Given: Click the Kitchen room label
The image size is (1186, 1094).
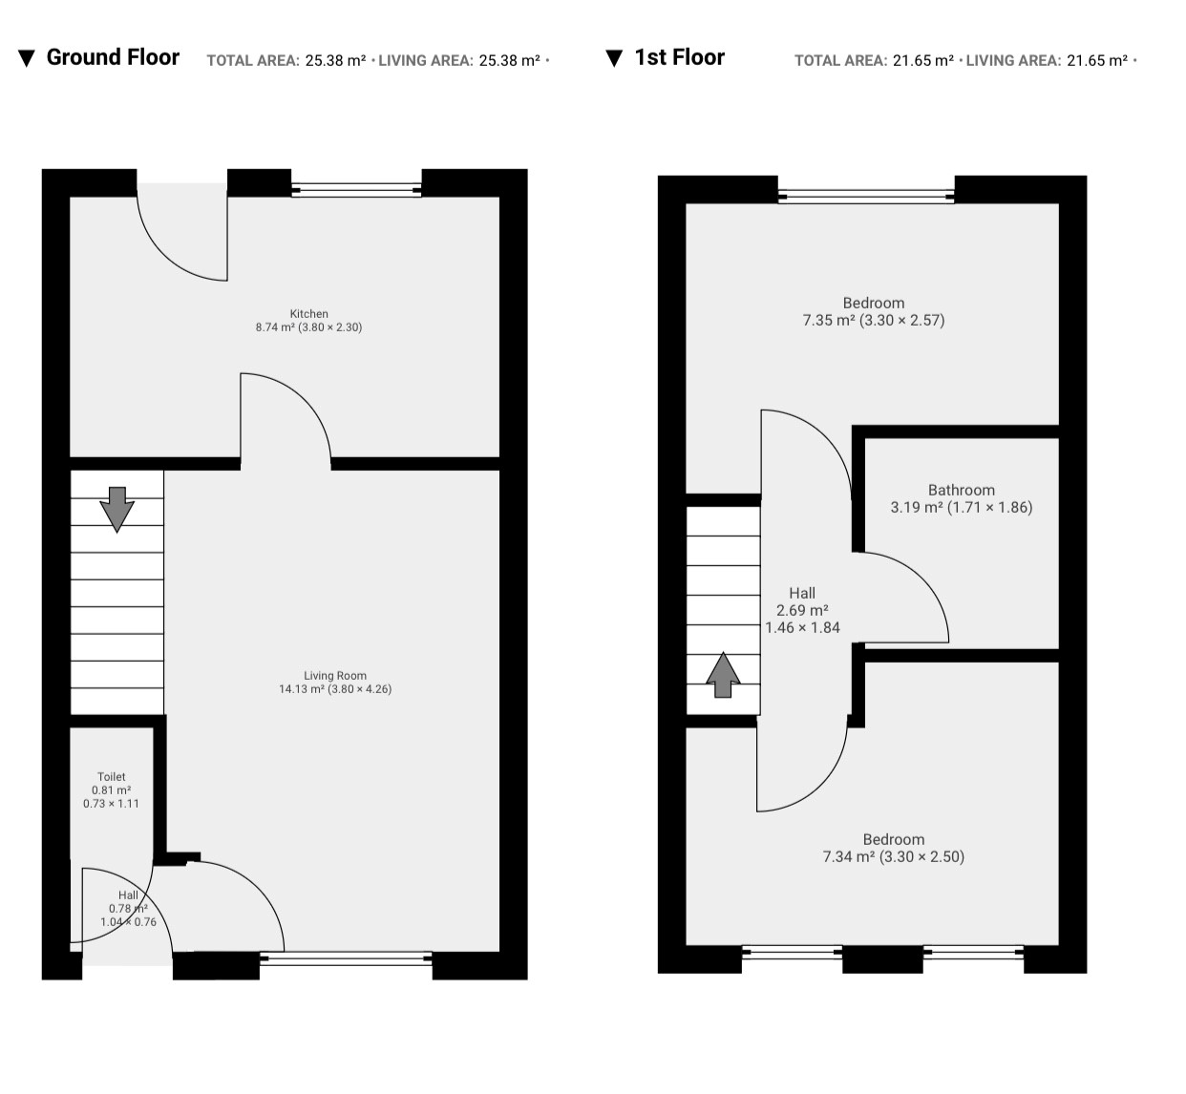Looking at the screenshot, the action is coord(308,313).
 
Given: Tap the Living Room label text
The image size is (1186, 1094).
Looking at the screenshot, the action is coord(335,675).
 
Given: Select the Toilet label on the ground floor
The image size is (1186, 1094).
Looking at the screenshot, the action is coord(112,776).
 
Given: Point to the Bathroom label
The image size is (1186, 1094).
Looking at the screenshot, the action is coord(962,490).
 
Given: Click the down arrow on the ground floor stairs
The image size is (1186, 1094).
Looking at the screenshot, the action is coord(117,510).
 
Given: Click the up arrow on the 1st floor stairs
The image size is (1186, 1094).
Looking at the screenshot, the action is coord(723,675).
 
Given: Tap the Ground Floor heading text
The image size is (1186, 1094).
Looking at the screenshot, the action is coord(113,57).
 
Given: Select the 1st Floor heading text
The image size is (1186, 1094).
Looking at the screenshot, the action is coord(680,57).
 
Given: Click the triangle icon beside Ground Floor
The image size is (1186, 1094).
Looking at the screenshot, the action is coord(27,58).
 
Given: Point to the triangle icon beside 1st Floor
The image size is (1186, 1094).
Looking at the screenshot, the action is coord(614,58).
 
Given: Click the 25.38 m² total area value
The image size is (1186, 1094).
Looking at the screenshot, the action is coord(335,60).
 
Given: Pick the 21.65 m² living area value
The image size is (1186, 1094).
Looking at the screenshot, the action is coord(1097,60).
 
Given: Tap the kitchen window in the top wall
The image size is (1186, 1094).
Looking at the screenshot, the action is coord(356,191).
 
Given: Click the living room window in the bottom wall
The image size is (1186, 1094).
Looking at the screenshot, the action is coord(346,957).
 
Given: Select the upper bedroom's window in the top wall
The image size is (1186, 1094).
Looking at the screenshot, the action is coord(866,197).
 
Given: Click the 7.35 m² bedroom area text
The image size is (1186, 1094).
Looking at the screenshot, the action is coord(828,320).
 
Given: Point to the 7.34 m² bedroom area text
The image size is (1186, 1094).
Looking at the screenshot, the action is coord(849,856).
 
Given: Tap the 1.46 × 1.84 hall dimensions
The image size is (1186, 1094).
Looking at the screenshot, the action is coord(803,627).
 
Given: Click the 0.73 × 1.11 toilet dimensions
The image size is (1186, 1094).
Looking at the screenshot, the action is coord(111,803).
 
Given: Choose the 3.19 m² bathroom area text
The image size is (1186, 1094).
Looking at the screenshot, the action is coord(917,507).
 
